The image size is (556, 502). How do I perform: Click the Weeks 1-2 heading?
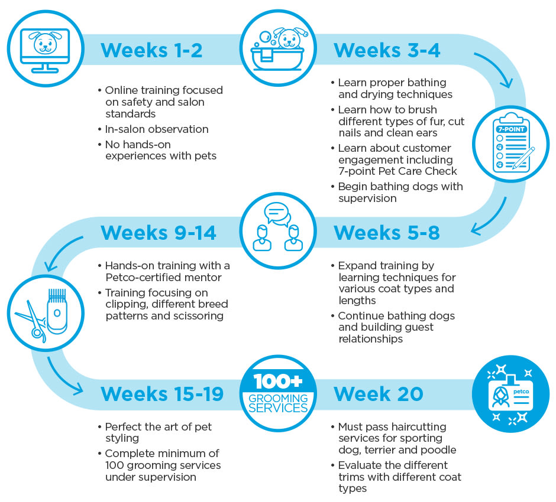(x=151, y=50)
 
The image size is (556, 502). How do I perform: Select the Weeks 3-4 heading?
(x=387, y=50)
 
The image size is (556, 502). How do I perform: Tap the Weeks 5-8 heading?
(x=387, y=233)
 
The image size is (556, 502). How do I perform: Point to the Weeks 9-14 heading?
(x=159, y=233)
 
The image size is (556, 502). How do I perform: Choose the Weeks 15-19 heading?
(x=162, y=393)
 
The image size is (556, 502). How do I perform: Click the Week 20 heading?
(x=379, y=393)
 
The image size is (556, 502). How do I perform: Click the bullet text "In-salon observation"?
(x=156, y=129)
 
